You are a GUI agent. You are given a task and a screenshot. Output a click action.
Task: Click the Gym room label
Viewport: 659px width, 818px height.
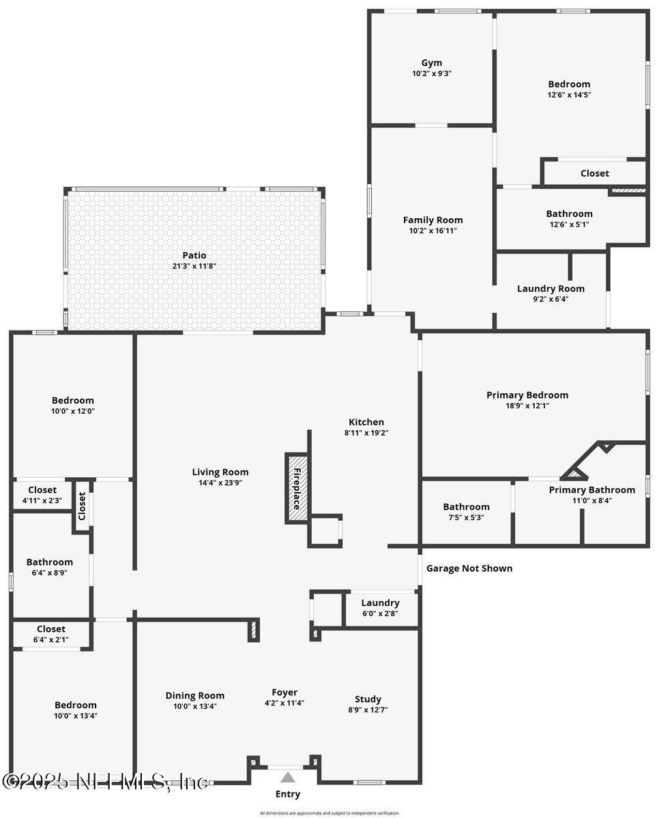pos(431,63)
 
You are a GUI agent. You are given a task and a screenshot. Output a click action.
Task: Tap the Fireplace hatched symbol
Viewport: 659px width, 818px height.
pos(297,488)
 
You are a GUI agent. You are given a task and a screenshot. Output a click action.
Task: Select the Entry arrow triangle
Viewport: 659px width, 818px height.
pos(288,777)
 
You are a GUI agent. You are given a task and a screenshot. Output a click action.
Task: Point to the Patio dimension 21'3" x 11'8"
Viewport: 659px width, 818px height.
pos(194,266)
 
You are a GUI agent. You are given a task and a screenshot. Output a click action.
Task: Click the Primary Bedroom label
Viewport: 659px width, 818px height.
pos(527,395)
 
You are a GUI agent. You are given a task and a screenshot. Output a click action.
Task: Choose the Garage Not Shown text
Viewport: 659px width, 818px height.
pos(469,568)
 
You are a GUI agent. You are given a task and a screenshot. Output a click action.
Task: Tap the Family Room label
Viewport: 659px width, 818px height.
pos(433,219)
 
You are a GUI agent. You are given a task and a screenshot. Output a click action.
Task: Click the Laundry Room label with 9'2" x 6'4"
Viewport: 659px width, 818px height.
pos(551,288)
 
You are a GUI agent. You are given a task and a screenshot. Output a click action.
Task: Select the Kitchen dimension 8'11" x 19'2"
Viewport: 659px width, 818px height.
pos(366,432)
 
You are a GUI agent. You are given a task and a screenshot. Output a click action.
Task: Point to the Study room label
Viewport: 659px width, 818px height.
pos(368,699)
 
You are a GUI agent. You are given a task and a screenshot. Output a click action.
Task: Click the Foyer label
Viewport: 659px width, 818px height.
pos(284,693)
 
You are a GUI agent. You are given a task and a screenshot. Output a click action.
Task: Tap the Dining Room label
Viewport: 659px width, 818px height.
pos(194,695)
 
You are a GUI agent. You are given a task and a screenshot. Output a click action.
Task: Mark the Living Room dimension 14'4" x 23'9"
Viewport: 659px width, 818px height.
pos(220,482)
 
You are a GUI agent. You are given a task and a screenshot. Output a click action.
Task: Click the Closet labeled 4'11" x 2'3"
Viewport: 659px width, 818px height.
pos(42,489)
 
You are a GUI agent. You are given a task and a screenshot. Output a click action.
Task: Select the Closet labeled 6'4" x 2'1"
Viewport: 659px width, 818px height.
pos(51,628)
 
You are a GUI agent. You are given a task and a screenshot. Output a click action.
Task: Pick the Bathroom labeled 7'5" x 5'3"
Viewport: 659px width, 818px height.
pos(466,506)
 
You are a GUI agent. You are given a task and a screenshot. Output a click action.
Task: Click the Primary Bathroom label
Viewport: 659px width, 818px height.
pos(591,489)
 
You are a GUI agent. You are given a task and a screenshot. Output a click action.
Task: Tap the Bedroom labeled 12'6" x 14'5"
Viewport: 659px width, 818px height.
pos(569,84)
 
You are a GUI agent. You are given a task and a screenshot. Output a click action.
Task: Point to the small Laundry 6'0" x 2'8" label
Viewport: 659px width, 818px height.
pos(380,603)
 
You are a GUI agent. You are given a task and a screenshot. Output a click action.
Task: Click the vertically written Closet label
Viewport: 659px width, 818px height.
pos(82,505)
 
